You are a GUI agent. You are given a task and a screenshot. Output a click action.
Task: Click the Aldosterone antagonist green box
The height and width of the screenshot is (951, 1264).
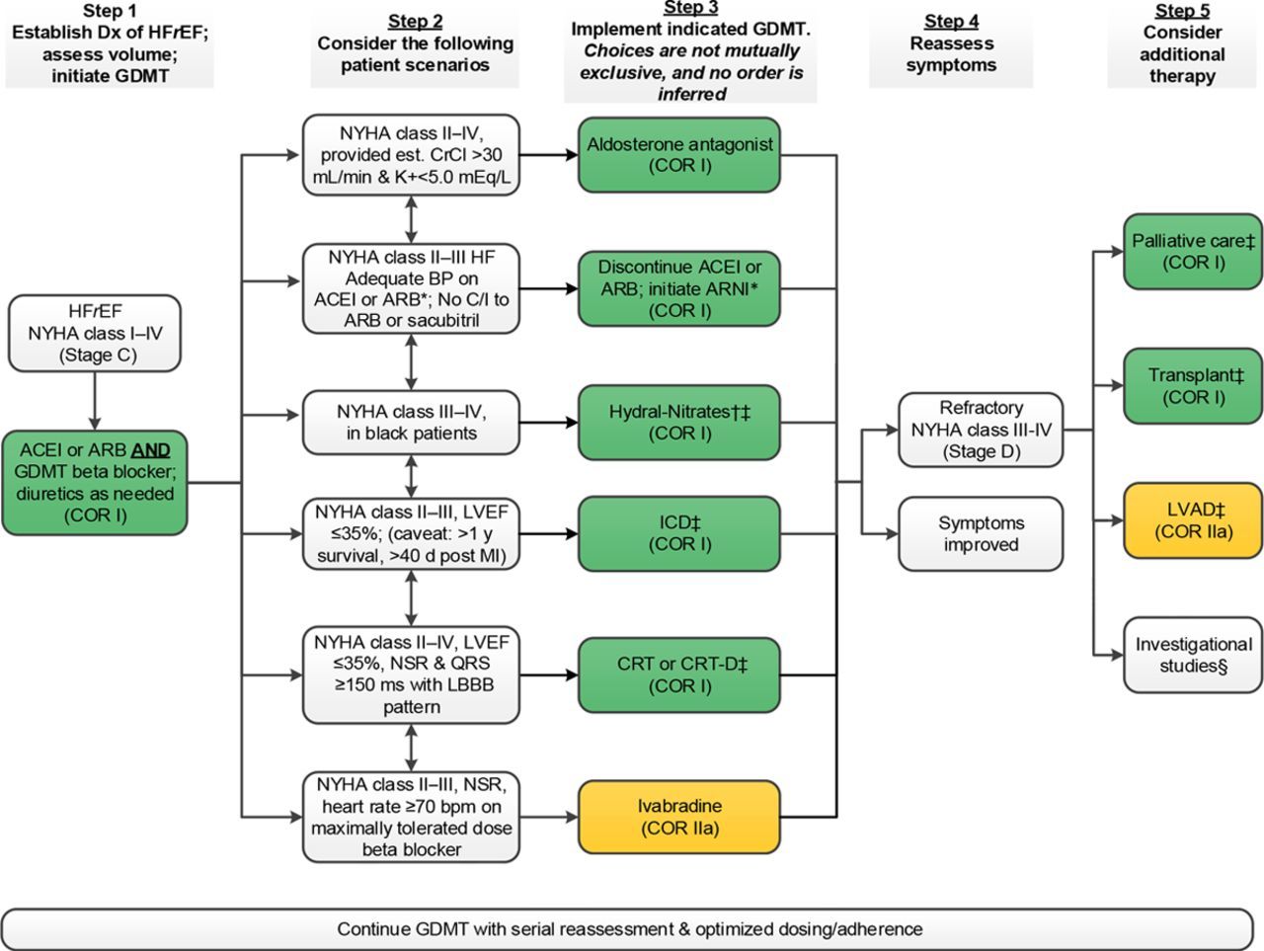click(x=679, y=154)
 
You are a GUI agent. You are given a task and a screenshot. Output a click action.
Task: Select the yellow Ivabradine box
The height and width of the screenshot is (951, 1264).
click(x=679, y=817)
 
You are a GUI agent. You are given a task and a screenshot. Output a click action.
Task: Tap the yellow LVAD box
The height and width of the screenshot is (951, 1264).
click(x=1193, y=519)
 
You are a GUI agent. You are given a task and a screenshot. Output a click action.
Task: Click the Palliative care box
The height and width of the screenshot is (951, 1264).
click(x=1193, y=251)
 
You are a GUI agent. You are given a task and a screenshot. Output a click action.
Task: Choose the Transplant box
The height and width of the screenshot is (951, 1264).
click(x=1193, y=385)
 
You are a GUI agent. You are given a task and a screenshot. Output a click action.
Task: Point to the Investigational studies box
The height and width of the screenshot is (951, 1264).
click(x=1193, y=654)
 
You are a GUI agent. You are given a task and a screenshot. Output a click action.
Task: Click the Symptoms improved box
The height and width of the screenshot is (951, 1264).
click(x=981, y=533)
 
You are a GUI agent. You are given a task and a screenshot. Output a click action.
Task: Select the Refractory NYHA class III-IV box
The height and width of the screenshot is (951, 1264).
click(x=981, y=430)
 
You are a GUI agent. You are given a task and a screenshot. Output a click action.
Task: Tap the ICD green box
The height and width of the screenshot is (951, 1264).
click(x=679, y=532)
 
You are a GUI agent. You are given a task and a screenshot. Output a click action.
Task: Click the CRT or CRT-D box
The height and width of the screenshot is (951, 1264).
click(x=679, y=674)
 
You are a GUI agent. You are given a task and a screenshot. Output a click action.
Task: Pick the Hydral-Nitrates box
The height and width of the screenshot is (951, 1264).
click(x=679, y=423)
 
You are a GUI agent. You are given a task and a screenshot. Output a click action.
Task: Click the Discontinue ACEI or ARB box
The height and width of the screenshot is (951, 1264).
click(x=679, y=288)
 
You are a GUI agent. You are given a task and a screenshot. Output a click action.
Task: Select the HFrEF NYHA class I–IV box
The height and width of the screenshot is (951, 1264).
click(x=95, y=333)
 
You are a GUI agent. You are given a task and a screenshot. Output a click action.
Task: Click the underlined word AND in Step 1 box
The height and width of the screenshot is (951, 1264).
click(x=151, y=450)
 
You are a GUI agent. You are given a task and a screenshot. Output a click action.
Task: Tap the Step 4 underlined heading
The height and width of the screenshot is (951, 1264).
click(x=951, y=21)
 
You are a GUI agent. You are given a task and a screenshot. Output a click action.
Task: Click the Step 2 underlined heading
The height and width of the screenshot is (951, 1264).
click(x=415, y=21)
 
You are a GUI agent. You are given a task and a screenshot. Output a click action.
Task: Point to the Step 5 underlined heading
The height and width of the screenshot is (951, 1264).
click(x=1182, y=11)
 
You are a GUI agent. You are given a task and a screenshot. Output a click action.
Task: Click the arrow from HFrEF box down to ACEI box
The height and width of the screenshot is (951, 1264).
click(x=95, y=400)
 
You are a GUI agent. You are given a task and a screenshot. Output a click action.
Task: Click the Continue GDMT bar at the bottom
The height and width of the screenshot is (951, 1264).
click(x=630, y=928)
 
